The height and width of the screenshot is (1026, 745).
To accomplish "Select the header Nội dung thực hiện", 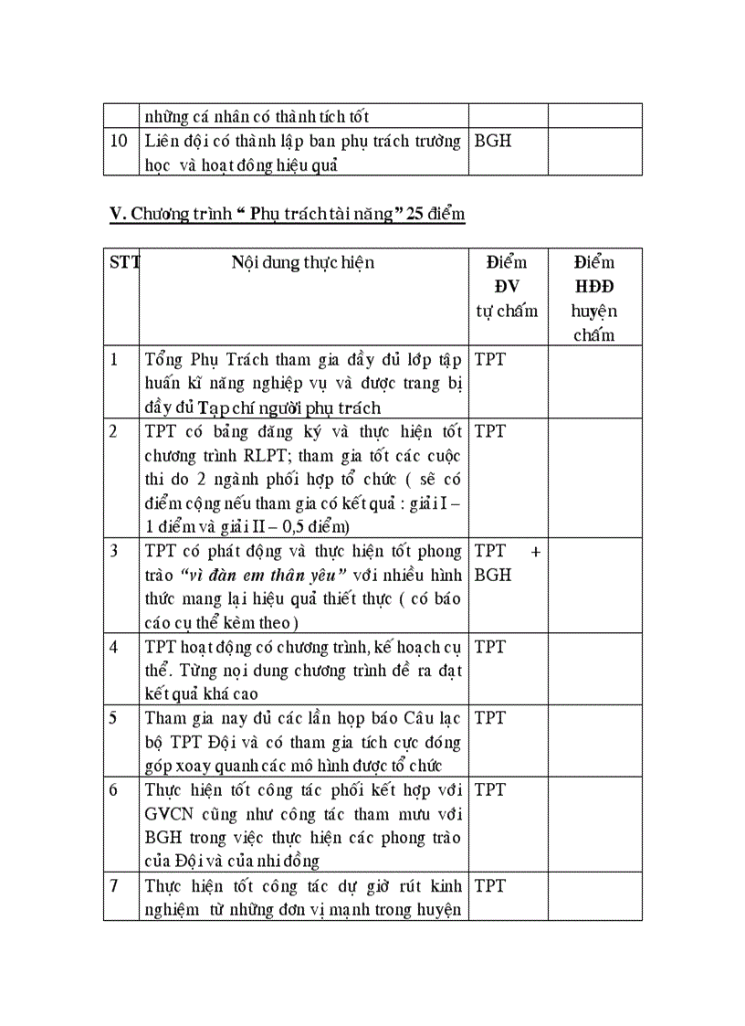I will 302,263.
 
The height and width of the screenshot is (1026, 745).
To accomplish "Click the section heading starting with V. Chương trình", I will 287,215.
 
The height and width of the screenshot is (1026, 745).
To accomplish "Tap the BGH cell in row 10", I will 493,142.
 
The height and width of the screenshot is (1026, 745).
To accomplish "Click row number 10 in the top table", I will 119,142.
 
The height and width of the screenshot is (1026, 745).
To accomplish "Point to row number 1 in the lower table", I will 114,359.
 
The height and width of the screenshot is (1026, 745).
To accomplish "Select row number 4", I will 114,647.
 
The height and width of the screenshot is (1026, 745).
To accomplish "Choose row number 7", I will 114,885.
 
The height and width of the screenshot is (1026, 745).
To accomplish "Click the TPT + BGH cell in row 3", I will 507,563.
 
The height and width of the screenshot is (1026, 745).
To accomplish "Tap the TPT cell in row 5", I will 490,717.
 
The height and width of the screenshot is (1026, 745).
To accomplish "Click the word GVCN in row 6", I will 169,814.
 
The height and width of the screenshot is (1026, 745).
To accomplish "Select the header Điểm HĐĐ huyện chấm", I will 594,298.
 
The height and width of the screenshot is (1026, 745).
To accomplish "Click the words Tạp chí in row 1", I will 216,407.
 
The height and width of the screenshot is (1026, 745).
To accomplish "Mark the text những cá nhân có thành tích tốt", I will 257,116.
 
